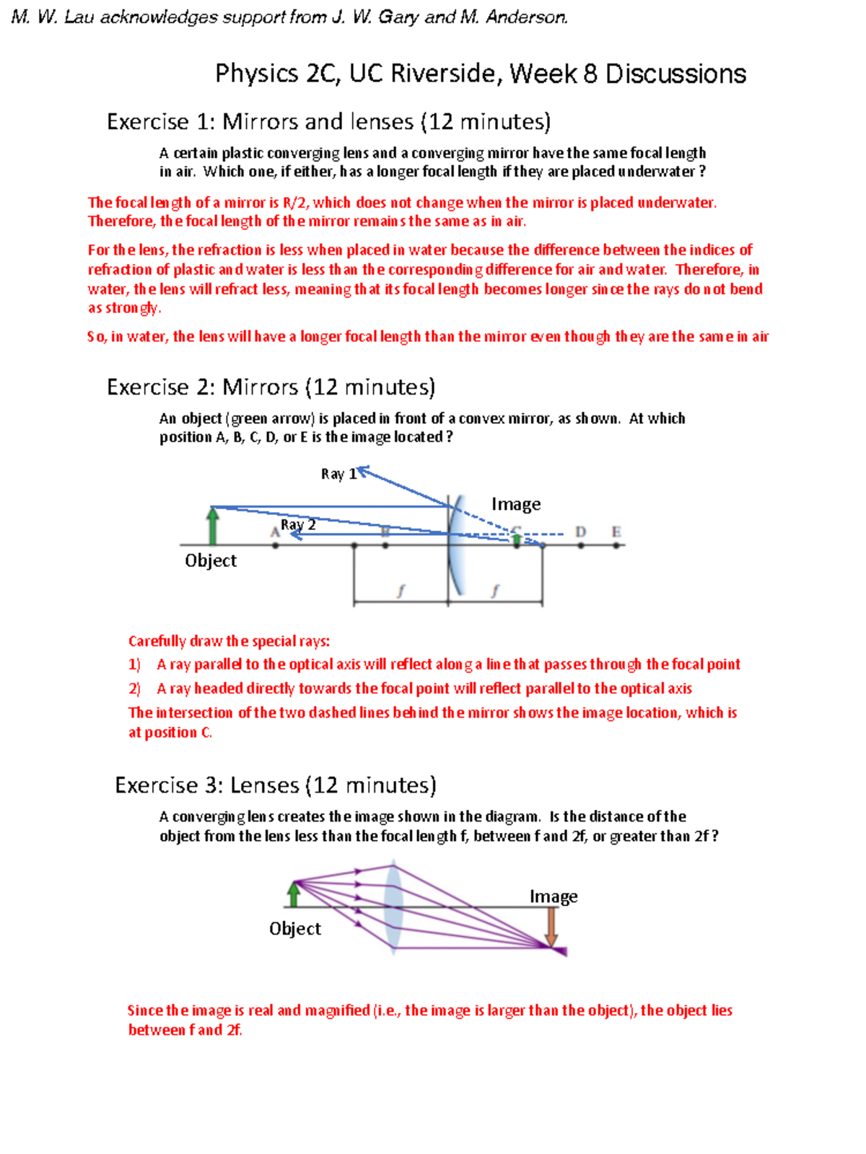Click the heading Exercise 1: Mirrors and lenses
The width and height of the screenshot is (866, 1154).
(x=328, y=122)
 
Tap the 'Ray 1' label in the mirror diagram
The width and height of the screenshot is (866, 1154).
(x=338, y=474)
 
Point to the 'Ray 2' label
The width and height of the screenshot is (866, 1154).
(x=298, y=524)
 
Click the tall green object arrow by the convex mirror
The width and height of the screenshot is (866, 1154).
(x=213, y=527)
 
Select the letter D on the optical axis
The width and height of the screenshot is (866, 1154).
(x=581, y=532)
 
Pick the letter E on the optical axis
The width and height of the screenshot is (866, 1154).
(x=616, y=532)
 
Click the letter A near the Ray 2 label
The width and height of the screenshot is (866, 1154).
(x=274, y=532)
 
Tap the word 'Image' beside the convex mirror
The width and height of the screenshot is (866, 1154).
(x=516, y=504)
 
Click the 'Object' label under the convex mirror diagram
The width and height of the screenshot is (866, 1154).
(x=210, y=560)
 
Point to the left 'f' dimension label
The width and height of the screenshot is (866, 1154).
(x=401, y=591)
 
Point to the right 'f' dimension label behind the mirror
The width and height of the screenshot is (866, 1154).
(x=495, y=591)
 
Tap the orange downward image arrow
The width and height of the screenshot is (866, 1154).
(x=551, y=927)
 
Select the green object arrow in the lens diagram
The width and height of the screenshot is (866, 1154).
(x=294, y=894)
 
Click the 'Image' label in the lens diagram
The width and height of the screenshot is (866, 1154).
(x=554, y=897)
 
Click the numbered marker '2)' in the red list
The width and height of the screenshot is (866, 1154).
(x=134, y=689)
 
